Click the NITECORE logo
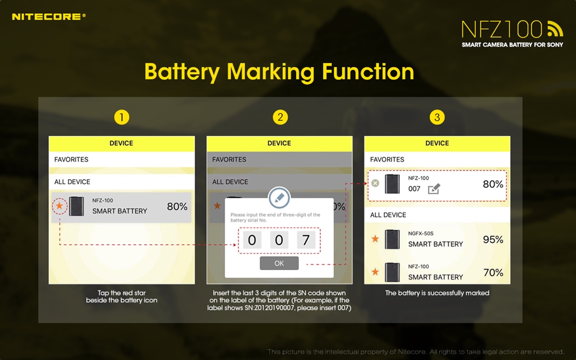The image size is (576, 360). (48, 17)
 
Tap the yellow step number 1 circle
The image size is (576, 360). (122, 118)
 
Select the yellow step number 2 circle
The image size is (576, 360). (281, 118)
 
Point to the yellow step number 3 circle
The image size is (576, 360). (437, 118)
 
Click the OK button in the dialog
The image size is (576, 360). (279, 263)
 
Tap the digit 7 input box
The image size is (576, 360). (306, 240)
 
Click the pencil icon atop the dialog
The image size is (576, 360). (279, 198)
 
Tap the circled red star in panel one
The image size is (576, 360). (59, 206)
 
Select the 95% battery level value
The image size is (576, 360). (493, 240)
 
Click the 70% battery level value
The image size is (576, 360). (493, 272)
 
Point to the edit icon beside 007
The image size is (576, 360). (434, 189)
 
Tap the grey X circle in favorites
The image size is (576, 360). (375, 183)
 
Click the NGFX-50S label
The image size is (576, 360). (420, 233)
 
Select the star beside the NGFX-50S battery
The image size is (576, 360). (375, 239)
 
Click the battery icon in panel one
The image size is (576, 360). (77, 206)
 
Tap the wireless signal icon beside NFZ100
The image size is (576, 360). (555, 29)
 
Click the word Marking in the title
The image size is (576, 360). (271, 71)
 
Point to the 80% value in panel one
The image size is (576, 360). (177, 206)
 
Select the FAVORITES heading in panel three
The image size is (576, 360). (387, 160)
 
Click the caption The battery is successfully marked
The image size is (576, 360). (437, 293)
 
